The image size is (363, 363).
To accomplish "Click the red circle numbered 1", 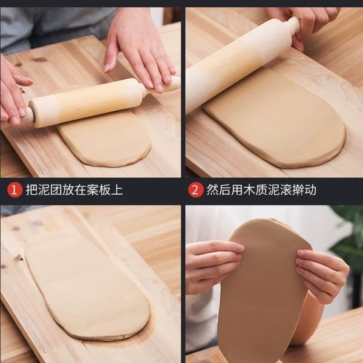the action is pos(15,190).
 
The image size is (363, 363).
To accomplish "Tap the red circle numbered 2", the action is pos(195,190).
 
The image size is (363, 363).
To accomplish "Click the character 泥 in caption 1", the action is pos(44,190).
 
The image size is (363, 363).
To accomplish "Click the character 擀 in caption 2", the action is pos(298,190).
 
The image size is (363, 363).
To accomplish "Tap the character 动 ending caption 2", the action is pos(310,190).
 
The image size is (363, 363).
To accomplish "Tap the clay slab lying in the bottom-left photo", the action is pos(87,286).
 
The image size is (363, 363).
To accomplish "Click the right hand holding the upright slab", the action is pos(323,274).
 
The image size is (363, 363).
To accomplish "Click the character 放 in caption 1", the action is pos(68,190).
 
